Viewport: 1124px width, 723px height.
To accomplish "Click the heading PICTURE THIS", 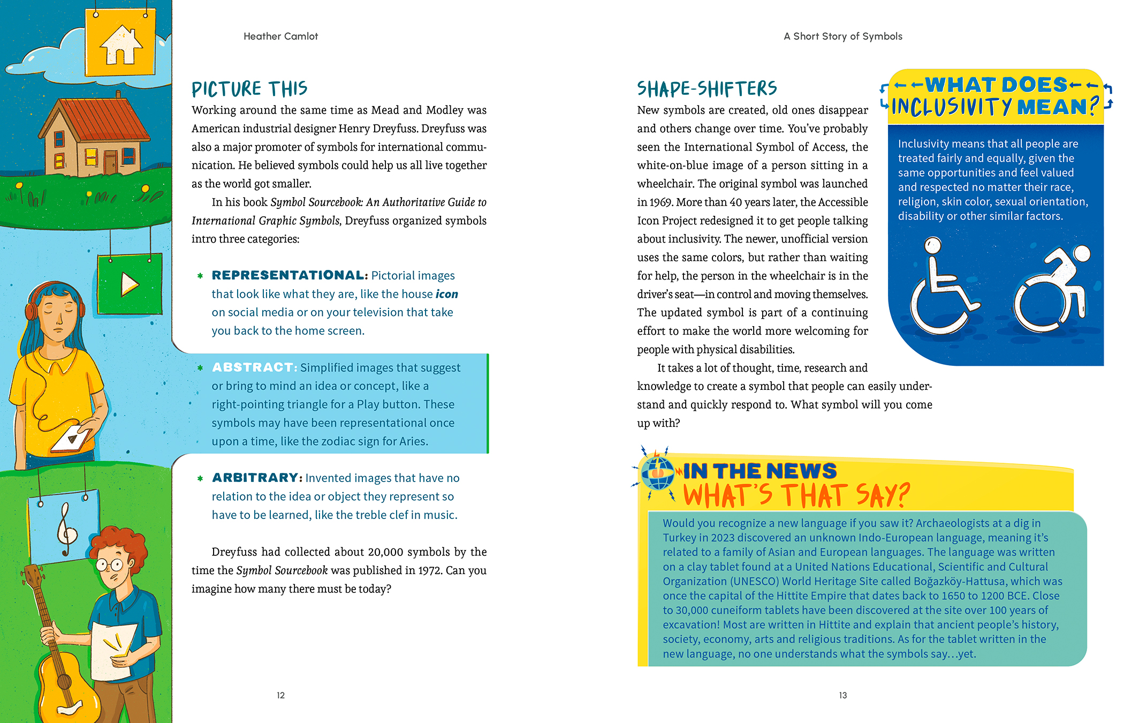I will pyautogui.click(x=249, y=89).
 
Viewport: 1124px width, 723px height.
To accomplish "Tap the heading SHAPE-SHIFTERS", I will pyautogui.click(x=707, y=89).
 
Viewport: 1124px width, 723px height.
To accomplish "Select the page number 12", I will pyautogui.click(x=280, y=695).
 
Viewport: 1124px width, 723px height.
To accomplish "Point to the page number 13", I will pyautogui.click(x=842, y=695).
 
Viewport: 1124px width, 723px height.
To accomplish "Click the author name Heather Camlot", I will pyautogui.click(x=280, y=36).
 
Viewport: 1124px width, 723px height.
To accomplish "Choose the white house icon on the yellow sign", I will pyautogui.click(x=121, y=45).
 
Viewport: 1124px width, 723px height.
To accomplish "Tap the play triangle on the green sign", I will pyautogui.click(x=129, y=284).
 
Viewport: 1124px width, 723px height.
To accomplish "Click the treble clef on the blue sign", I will pyautogui.click(x=66, y=530).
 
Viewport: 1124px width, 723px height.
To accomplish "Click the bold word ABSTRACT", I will pyautogui.click(x=253, y=367).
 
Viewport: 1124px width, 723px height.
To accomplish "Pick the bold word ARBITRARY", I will pyautogui.click(x=256, y=478).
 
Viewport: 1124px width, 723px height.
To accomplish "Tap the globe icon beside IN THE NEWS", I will pyautogui.click(x=658, y=472).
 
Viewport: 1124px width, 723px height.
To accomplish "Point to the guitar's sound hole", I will pyautogui.click(x=64, y=682).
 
